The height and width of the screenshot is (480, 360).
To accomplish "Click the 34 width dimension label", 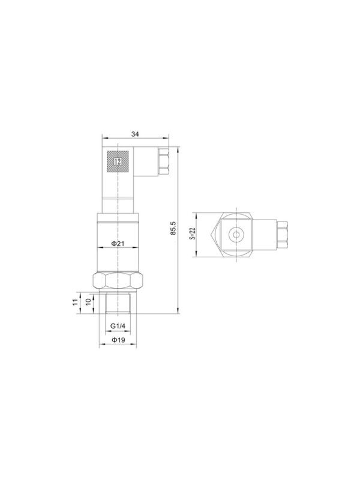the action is [x=135, y=134].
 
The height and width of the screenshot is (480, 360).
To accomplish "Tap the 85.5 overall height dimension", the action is [x=173, y=229].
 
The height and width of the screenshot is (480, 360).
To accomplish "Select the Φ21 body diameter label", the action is [x=118, y=244].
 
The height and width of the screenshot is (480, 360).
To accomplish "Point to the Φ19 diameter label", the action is [x=118, y=340].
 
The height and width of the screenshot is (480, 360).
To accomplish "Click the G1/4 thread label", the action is [x=118, y=326].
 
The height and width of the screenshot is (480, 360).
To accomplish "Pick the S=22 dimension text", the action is [x=193, y=233].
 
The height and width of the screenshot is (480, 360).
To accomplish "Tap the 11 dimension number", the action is [x=74, y=302].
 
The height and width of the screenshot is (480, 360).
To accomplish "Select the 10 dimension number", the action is [x=88, y=301].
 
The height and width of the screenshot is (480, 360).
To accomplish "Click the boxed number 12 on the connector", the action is [x=118, y=161].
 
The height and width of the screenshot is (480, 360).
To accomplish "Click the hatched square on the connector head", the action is [x=118, y=161].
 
